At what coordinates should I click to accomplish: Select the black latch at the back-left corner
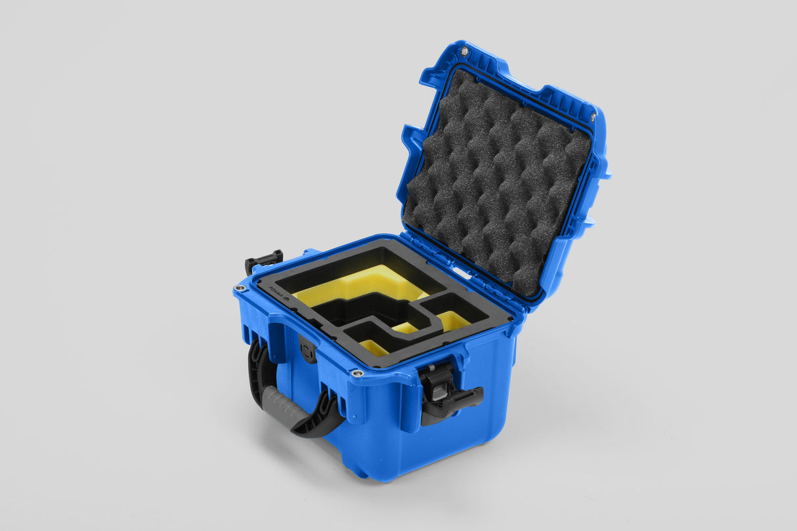263,260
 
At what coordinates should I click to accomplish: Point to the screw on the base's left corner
241,288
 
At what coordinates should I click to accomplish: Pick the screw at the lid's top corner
465,51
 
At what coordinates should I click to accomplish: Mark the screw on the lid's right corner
593,117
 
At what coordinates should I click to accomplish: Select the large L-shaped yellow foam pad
358,286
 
